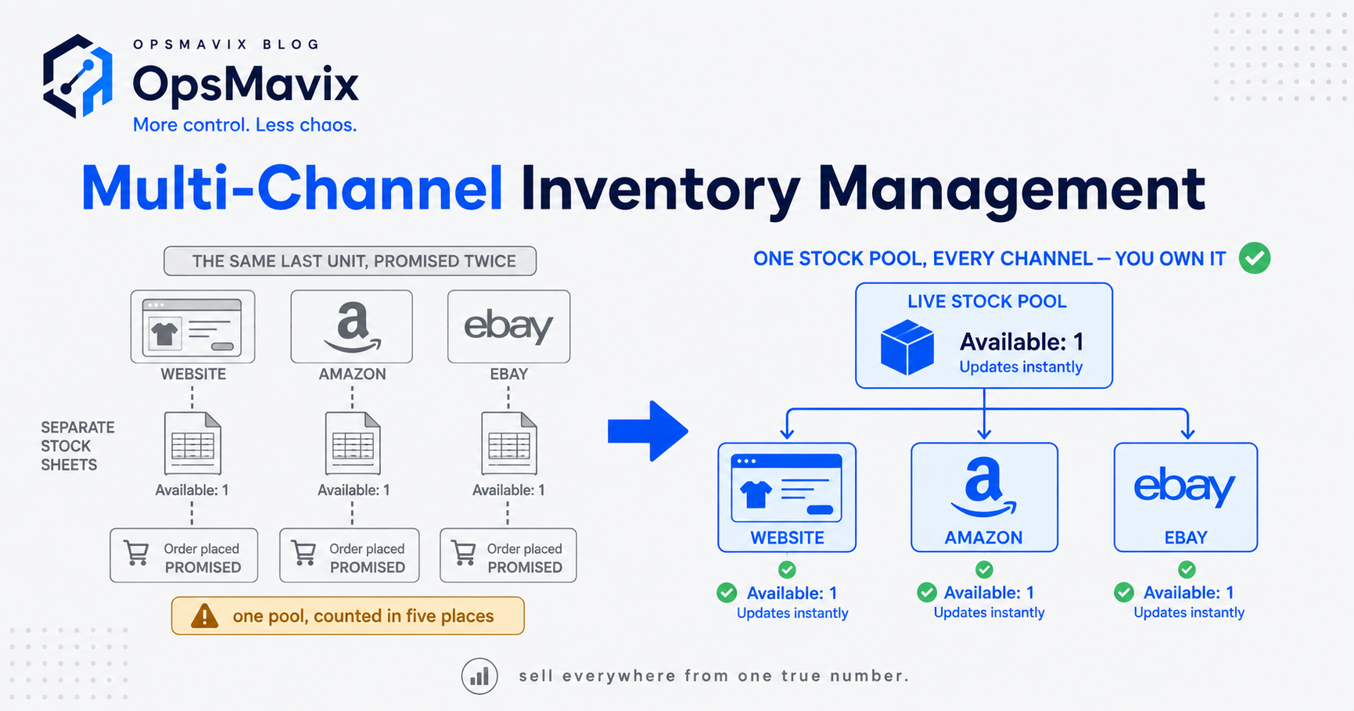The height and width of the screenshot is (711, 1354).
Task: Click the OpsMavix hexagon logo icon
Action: (78, 77)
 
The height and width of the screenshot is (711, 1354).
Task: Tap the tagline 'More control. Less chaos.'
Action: (245, 125)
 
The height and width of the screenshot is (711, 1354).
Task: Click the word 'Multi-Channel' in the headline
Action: (292, 189)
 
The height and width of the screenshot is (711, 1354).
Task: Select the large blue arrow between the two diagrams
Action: (648, 431)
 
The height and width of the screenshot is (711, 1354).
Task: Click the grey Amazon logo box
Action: (351, 326)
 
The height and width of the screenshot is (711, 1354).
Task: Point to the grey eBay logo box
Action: (508, 326)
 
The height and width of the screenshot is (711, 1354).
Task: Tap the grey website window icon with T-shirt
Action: (192, 327)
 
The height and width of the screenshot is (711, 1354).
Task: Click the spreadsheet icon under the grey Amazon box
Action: (353, 443)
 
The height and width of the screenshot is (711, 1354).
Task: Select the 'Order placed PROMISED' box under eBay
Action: (508, 555)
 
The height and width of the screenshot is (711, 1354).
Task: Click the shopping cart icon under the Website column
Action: (137, 553)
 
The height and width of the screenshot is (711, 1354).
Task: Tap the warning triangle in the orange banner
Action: (205, 616)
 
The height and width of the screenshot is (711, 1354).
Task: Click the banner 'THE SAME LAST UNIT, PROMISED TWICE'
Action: (350, 261)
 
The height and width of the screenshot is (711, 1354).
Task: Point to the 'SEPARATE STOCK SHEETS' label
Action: (77, 446)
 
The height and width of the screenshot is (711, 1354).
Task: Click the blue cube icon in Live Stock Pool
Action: (907, 347)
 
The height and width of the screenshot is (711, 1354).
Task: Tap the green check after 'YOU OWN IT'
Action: (1255, 258)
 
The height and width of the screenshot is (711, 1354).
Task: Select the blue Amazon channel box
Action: (984, 497)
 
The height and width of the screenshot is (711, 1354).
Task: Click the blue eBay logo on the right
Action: (1185, 487)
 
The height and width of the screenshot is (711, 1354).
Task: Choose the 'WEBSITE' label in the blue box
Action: (787, 538)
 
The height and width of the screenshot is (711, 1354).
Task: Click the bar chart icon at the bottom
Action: (479, 676)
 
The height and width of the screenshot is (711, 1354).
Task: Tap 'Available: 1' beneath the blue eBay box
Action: (1188, 593)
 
